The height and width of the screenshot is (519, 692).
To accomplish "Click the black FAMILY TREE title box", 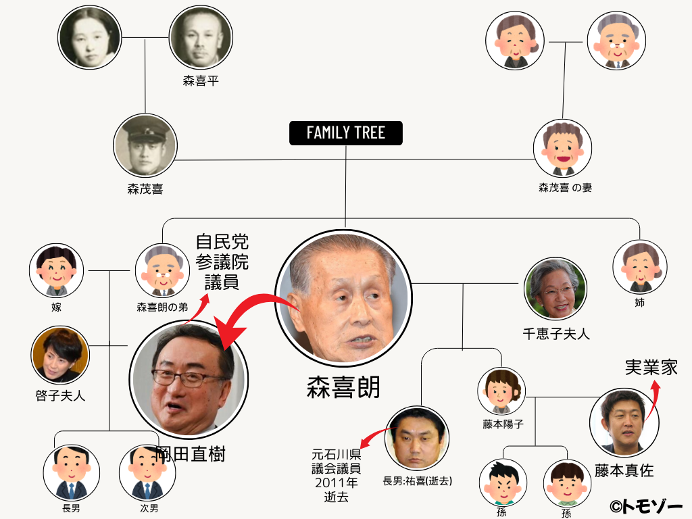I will pos(346,132).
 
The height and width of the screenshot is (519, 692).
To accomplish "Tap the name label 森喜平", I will pos(201,81).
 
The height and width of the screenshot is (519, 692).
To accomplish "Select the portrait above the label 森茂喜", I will pos(145,145).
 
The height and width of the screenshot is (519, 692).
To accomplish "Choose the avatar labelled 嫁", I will pos(57,271).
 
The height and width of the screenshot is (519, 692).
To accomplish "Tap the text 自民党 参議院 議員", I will pos(222,262).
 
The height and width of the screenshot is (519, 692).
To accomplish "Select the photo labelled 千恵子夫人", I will pos(555,289).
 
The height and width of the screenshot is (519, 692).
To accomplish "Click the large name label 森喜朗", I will pos(344,387).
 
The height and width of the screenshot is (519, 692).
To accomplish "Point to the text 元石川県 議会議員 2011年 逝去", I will pos(336,474).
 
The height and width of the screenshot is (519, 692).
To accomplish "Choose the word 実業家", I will pos(651,367).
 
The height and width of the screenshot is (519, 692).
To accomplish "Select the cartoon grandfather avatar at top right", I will pos(616,41).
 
